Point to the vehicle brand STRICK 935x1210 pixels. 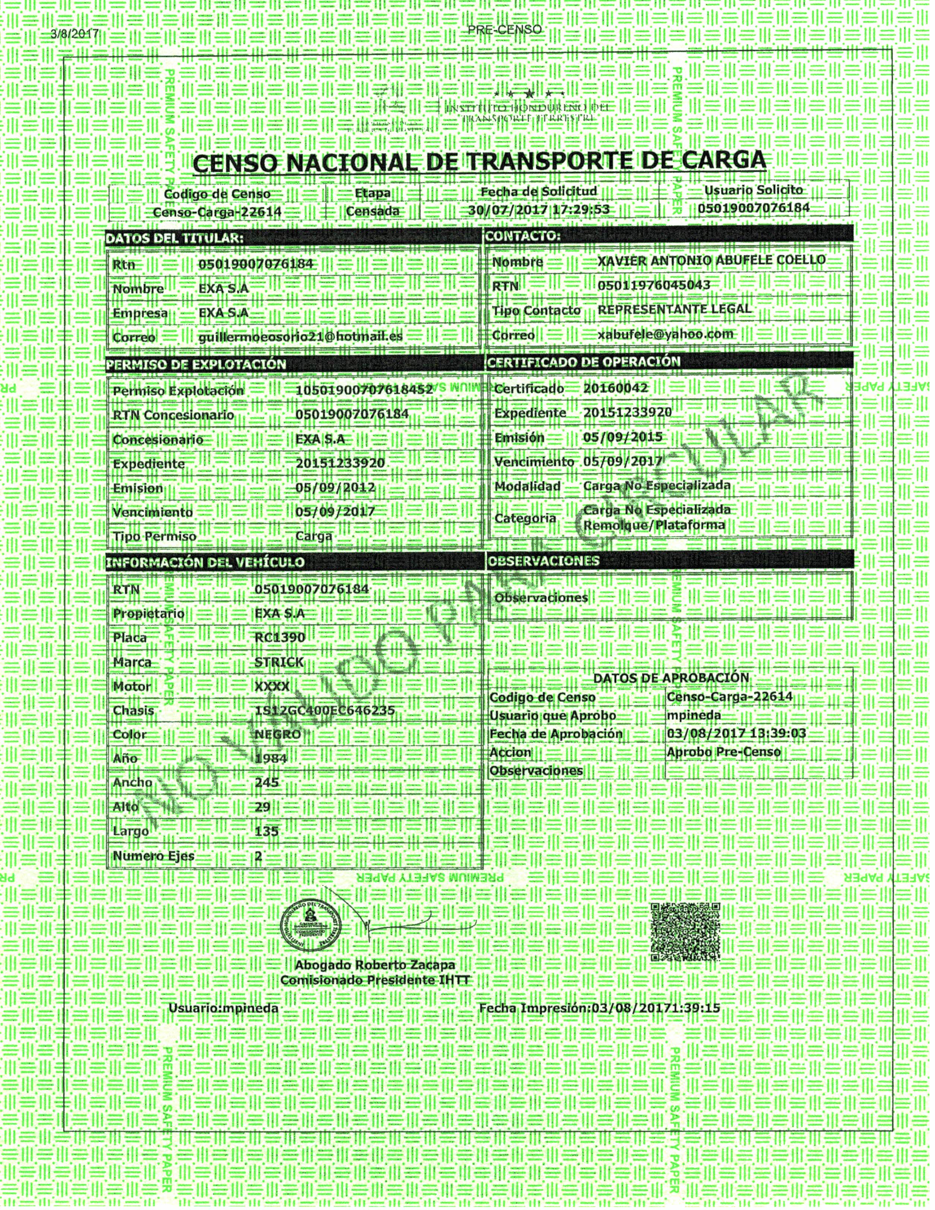pyautogui.click(x=279, y=662)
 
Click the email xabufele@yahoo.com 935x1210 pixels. pyautogui.click(x=665, y=334)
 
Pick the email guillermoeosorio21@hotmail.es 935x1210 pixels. pyautogui.click(x=300, y=336)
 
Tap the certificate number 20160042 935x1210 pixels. pyautogui.click(x=616, y=388)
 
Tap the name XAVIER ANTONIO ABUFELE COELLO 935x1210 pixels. pyautogui.click(x=711, y=260)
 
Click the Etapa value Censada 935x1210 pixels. pyautogui.click(x=373, y=211)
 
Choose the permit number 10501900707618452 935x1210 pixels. pyautogui.click(x=364, y=390)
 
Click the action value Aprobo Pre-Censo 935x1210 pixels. pyautogui.click(x=723, y=752)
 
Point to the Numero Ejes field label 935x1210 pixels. pyautogui.click(x=153, y=856)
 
